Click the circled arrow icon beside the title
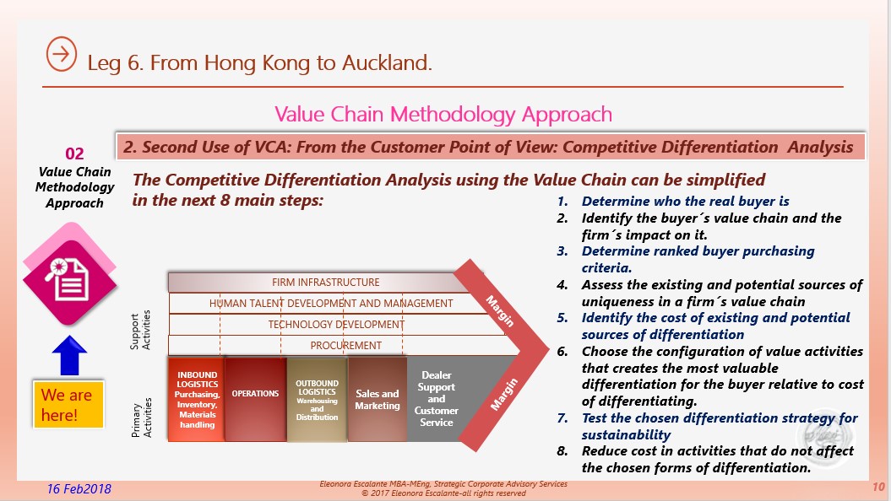[x=62, y=55]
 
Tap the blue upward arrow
[x=69, y=355]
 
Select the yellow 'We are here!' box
[x=68, y=405]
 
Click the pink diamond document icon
[x=69, y=278]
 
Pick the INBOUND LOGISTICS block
[x=197, y=399]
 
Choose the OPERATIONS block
[x=255, y=399]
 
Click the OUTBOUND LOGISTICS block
[x=317, y=399]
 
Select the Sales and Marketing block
[x=378, y=399]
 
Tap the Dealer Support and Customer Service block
[x=436, y=399]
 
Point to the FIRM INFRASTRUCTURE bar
[x=325, y=282]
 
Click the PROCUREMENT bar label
[x=346, y=346]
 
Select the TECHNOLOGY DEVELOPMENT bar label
[x=336, y=325]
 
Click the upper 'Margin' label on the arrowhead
[x=500, y=311]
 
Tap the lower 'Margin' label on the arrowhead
[x=504, y=395]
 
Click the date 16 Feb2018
[x=79, y=489]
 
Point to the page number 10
[x=878, y=487]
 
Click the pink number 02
[x=74, y=154]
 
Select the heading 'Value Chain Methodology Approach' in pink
[x=443, y=115]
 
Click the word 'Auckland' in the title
[x=387, y=62]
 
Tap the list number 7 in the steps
[x=562, y=418]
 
